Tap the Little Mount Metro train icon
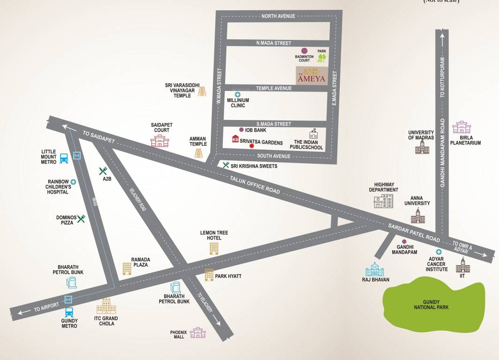pyautogui.click(x=63, y=158)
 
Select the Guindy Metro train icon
pyautogui.click(x=69, y=312)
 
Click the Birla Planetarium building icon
pyautogui.click(x=462, y=127)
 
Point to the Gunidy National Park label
pyautogui.click(x=431, y=304)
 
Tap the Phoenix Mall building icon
pyautogui.click(x=198, y=333)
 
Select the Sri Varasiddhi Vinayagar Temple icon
pyautogui.click(x=202, y=91)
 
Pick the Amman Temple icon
pyautogui.click(x=199, y=153)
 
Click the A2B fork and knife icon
pyautogui.click(x=104, y=171)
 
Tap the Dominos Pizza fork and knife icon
pyautogui.click(x=81, y=218)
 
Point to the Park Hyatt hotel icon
pyautogui.click(x=209, y=275)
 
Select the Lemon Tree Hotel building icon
pyautogui.click(x=214, y=248)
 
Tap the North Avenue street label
pyautogui.click(x=278, y=16)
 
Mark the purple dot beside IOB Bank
pyautogui.click(x=241, y=130)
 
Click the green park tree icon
pyautogui.click(x=321, y=58)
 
